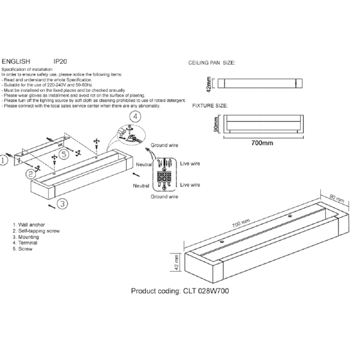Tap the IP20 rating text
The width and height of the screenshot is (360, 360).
[x=60, y=61]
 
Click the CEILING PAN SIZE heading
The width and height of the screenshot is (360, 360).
[x=212, y=62]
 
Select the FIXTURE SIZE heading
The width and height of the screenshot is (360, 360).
[x=209, y=106]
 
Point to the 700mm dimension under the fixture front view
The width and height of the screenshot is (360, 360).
[x=262, y=143]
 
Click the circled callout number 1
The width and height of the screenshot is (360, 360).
[x=4, y=160]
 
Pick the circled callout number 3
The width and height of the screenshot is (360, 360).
[x=62, y=205]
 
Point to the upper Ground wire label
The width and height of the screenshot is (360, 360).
[x=164, y=146]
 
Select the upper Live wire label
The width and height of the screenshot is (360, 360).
[x=190, y=163]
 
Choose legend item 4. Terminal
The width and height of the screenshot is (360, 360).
[x=25, y=243]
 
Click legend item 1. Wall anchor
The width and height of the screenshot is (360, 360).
[x=29, y=224]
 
